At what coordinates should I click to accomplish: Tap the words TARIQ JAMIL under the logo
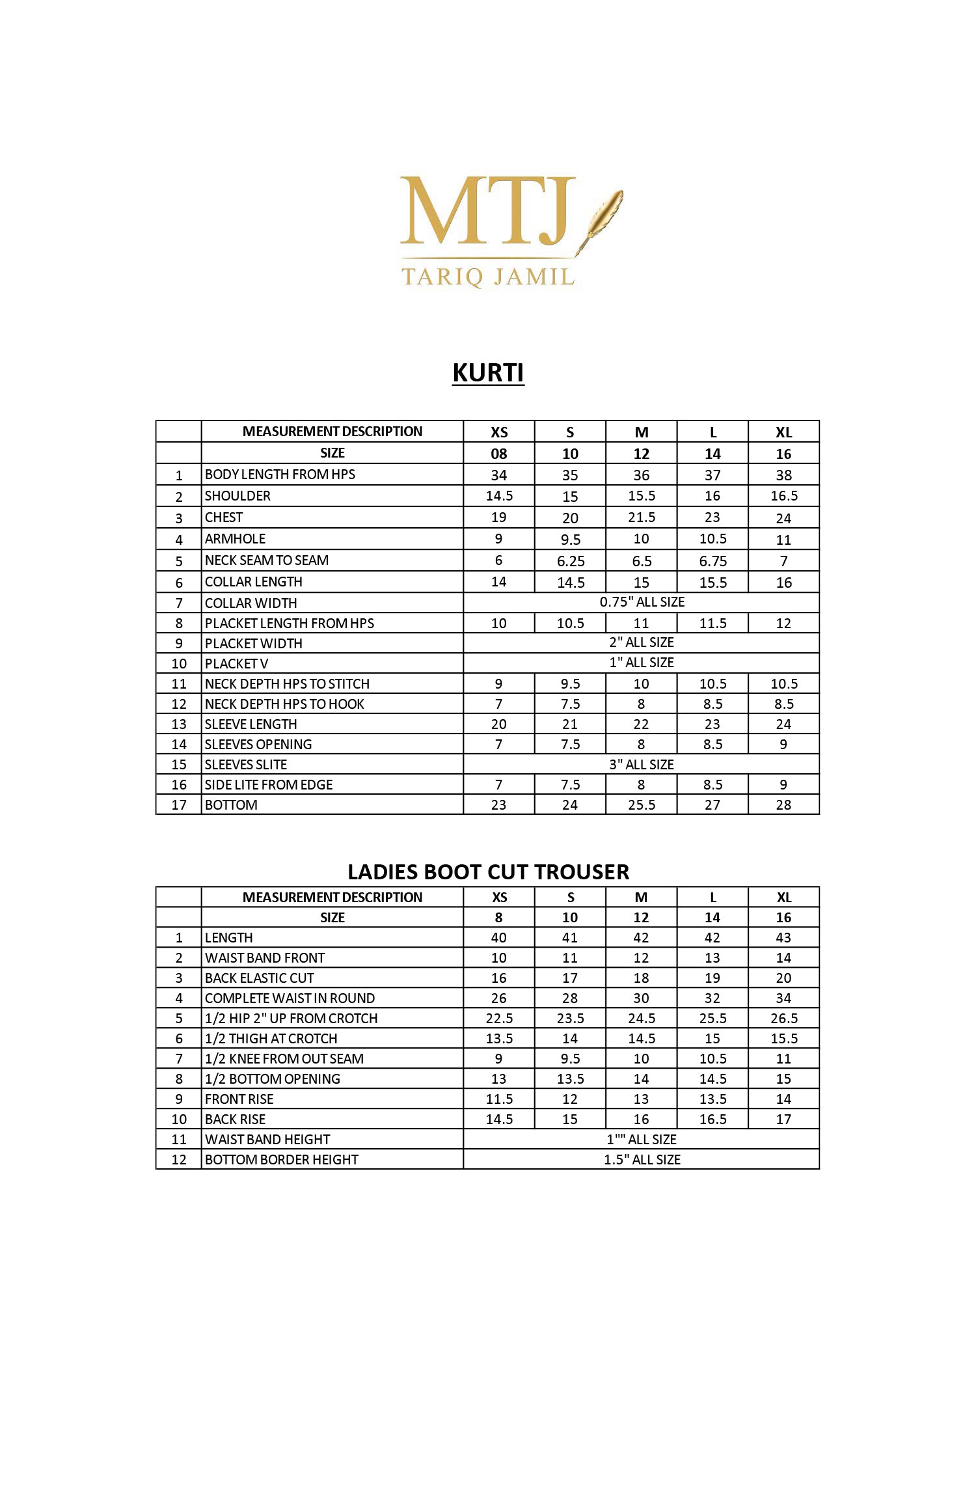point(488,277)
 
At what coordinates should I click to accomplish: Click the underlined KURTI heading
point(488,373)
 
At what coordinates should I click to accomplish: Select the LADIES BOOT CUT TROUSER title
point(488,872)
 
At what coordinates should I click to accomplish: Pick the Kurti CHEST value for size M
point(642,517)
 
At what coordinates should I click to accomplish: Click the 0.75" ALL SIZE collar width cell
point(642,602)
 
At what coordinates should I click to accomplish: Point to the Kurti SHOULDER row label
point(237,496)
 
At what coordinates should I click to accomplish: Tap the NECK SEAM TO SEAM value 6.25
point(571,561)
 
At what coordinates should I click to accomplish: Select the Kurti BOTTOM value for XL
point(783,805)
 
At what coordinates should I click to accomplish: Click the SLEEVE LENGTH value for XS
point(499,724)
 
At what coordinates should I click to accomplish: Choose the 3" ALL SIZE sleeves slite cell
point(642,765)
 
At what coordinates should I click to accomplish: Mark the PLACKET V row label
point(236,664)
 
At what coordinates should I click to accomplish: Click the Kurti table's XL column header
point(783,433)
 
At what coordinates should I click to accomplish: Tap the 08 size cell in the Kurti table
point(499,454)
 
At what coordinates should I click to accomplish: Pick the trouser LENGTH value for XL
point(783,938)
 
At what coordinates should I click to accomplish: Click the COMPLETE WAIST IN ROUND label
point(290,998)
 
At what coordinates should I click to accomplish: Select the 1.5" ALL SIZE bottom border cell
point(642,1160)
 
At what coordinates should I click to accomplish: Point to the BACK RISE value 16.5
point(712,1119)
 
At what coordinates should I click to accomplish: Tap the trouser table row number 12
point(179,1160)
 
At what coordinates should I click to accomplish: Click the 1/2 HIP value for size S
point(571,1019)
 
